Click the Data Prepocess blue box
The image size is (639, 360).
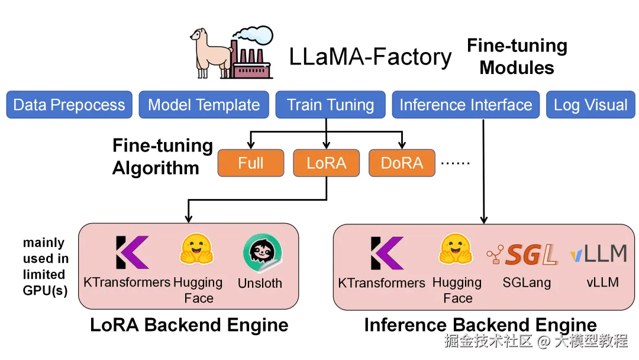tap(69, 105)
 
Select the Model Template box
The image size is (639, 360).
tap(204, 105)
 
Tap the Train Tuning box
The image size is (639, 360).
tap(330, 105)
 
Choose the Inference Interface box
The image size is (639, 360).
tap(466, 105)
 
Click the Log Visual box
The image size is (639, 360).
tap(590, 105)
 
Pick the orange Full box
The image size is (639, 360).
tap(250, 163)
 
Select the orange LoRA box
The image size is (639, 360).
tap(326, 163)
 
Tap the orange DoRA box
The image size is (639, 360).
tap(402, 163)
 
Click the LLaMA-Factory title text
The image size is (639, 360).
tap(370, 57)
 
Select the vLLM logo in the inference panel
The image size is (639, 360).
tap(598, 254)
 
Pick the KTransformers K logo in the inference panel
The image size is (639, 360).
tap(387, 253)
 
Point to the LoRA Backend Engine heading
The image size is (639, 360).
tap(189, 325)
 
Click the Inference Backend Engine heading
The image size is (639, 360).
tap(480, 325)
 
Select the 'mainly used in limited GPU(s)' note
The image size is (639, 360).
tap(45, 266)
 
